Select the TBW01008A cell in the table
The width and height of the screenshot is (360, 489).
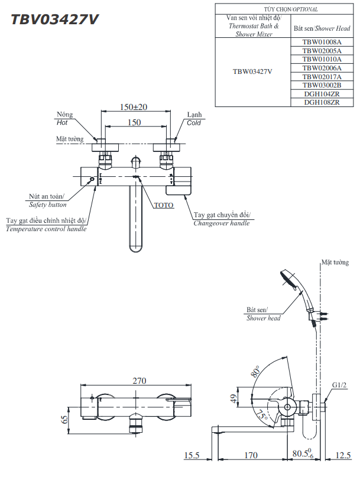[322, 42]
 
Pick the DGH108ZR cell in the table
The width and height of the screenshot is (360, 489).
[322, 102]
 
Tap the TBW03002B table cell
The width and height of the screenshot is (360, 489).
[322, 85]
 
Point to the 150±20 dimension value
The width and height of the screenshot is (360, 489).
[134, 107]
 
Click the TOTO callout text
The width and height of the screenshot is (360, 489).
[163, 205]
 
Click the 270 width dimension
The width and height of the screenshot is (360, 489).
[139, 381]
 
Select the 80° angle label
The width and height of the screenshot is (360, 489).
[255, 373]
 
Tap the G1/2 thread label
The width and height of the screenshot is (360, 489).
[339, 385]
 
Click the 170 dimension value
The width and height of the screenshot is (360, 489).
[251, 455]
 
